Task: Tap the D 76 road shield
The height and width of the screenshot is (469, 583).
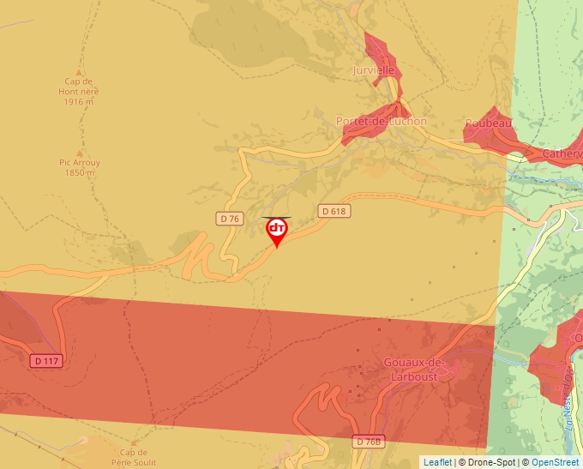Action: [x=229, y=219]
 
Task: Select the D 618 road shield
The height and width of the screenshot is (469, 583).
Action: [x=335, y=210]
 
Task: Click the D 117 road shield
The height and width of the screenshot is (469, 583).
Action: [x=47, y=361]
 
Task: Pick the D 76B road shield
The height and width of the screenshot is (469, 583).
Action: [x=368, y=441]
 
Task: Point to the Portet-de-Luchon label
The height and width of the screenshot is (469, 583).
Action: [x=382, y=122]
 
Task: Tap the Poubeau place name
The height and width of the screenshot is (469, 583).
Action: [x=489, y=123]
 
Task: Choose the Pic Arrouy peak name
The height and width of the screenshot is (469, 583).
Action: [x=79, y=162]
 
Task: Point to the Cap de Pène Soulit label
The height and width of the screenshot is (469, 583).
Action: [x=134, y=457]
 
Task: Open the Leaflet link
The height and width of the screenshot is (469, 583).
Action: [x=437, y=462]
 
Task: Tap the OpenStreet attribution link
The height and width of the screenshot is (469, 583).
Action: [x=556, y=462]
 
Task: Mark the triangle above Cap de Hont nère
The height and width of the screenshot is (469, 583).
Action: [x=79, y=73]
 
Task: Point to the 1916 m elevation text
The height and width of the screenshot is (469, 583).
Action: [x=78, y=102]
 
